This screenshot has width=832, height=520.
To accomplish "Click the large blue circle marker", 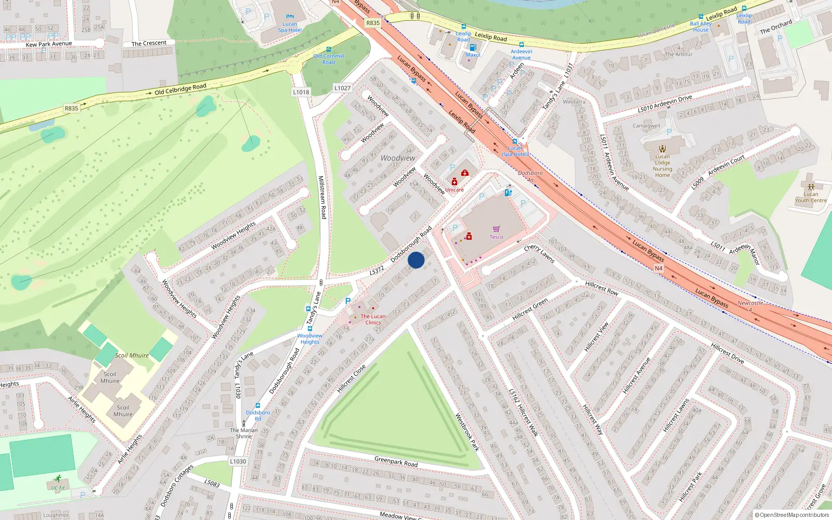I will pyautogui.click(x=416, y=260).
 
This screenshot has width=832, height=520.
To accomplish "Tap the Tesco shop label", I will pyautogui.click(x=496, y=237).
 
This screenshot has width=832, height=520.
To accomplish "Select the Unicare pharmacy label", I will pyautogui.click(x=454, y=190).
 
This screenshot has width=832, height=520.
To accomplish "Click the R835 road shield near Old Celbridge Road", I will pyautogui.click(x=71, y=108).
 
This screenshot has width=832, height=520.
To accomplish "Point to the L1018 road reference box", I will pyautogui.click(x=301, y=92).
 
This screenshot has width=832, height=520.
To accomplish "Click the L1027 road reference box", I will pyautogui.click(x=342, y=88).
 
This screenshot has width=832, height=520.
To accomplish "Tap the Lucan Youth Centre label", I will pyautogui.click(x=810, y=197).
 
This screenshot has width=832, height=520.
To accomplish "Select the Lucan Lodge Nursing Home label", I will pyautogui.click(x=662, y=165).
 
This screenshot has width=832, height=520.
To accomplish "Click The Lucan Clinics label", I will pyautogui.click(x=373, y=319).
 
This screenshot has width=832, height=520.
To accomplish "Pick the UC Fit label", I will pyautogui.click(x=58, y=488).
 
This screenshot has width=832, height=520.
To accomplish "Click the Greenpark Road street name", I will pyautogui.click(x=396, y=461).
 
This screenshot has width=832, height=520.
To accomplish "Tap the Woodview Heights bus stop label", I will pyautogui.click(x=310, y=339).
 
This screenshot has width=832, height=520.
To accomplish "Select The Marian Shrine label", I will pyautogui.click(x=244, y=433).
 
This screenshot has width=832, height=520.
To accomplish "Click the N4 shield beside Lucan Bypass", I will pyautogui.click(x=658, y=268).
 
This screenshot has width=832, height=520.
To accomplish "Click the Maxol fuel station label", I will pyautogui.click(x=473, y=55).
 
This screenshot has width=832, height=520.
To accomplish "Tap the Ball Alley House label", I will pyautogui.click(x=700, y=27).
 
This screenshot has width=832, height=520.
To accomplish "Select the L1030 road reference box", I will pyautogui.click(x=238, y=461).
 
